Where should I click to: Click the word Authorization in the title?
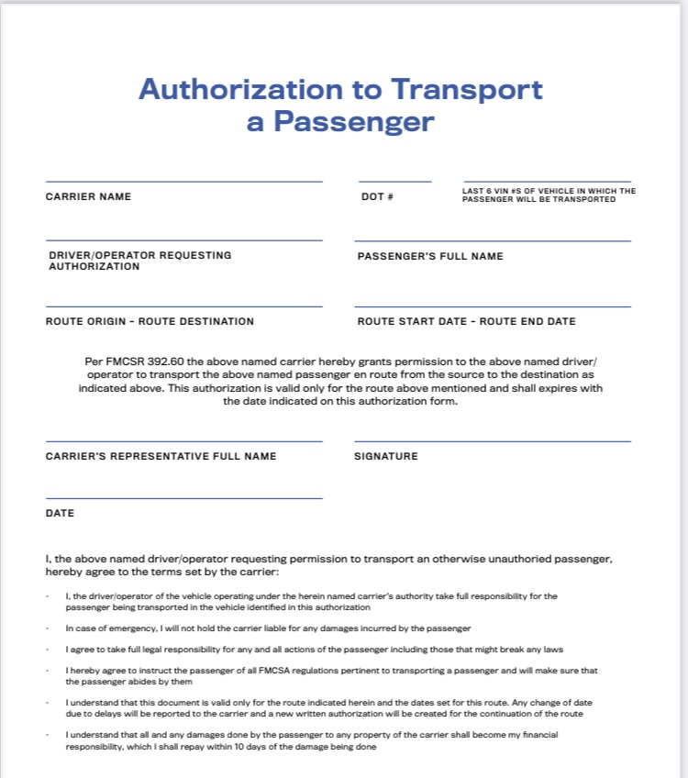[238, 89]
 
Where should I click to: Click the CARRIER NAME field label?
[88, 196]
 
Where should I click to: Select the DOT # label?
[377, 197]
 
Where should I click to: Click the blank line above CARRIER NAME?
[183, 182]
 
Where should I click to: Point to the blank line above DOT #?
[394, 182]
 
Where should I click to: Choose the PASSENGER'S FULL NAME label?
[430, 256]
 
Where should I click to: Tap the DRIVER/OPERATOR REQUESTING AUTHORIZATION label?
[139, 261]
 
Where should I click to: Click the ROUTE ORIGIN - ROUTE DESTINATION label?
[150, 321]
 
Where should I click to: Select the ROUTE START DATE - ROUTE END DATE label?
[466, 321]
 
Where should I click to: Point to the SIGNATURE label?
[385, 456]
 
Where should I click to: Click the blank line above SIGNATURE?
[493, 441]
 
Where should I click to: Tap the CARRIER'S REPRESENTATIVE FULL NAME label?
[161, 456]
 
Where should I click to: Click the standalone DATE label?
[60, 513]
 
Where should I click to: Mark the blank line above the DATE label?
[183, 498]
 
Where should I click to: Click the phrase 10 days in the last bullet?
[248, 747]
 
